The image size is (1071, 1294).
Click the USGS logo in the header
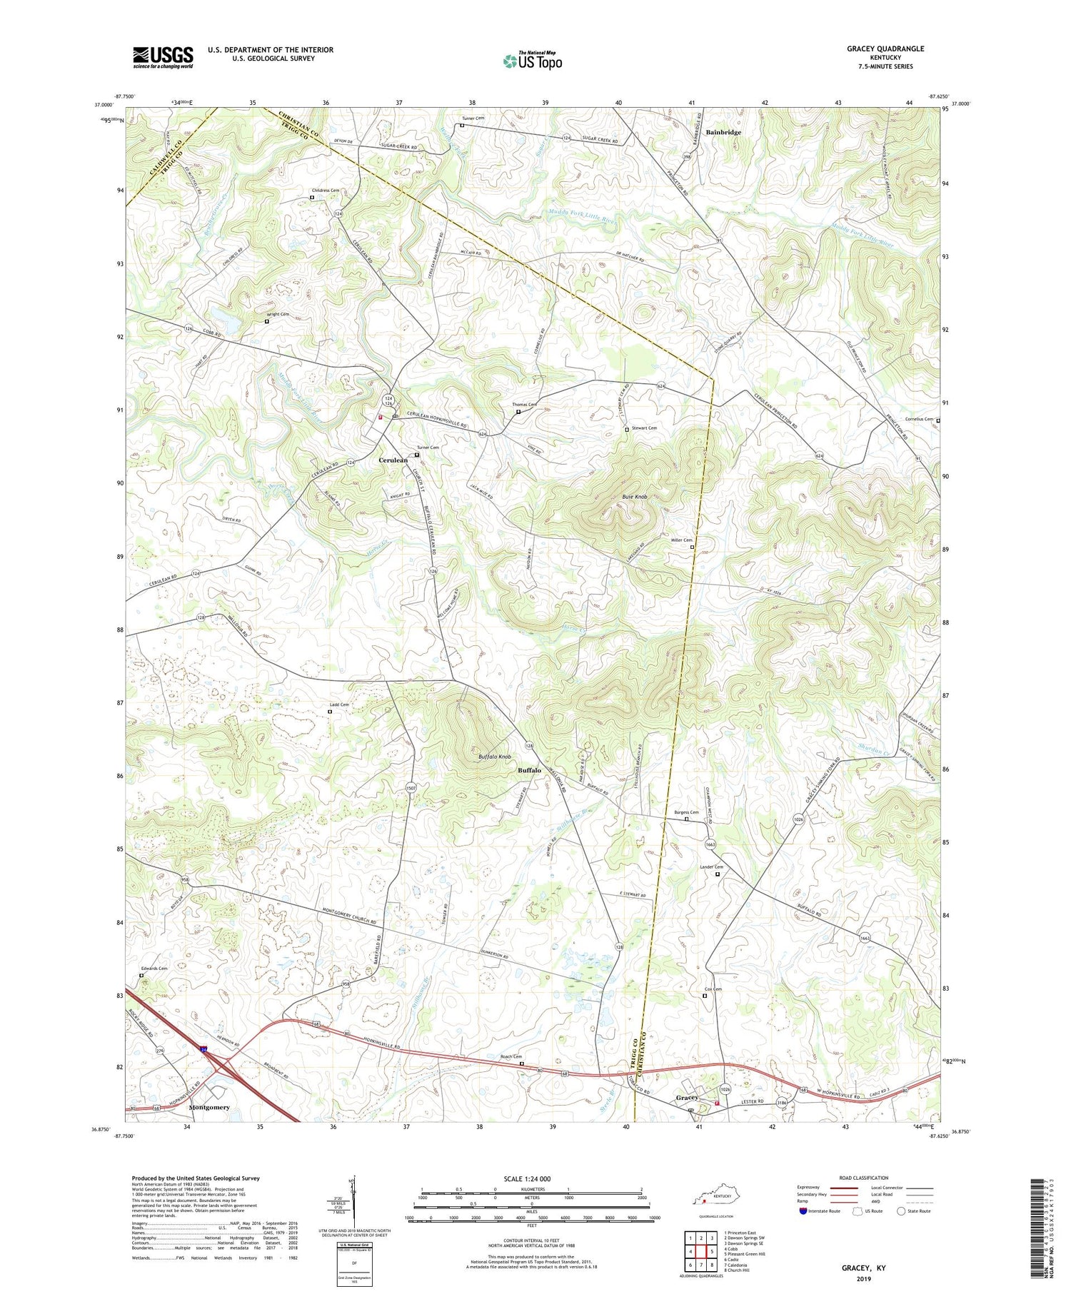pyautogui.click(x=163, y=57)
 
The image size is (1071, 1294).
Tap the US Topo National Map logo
pyautogui.click(x=532, y=61)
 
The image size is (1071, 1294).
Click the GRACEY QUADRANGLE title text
pyautogui.click(x=885, y=49)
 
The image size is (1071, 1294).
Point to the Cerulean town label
pyautogui.click(x=393, y=460)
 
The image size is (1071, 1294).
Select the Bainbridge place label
pyautogui.click(x=723, y=132)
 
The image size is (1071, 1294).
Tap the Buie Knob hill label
pyautogui.click(x=634, y=496)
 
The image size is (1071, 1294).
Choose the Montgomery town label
pyautogui.click(x=209, y=1108)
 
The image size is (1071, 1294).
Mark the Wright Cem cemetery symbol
pyautogui.click(x=267, y=321)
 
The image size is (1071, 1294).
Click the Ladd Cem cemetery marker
pyautogui.click(x=330, y=711)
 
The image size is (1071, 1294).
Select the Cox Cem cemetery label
pyautogui.click(x=713, y=989)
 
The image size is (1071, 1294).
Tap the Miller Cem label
pyautogui.click(x=681, y=540)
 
